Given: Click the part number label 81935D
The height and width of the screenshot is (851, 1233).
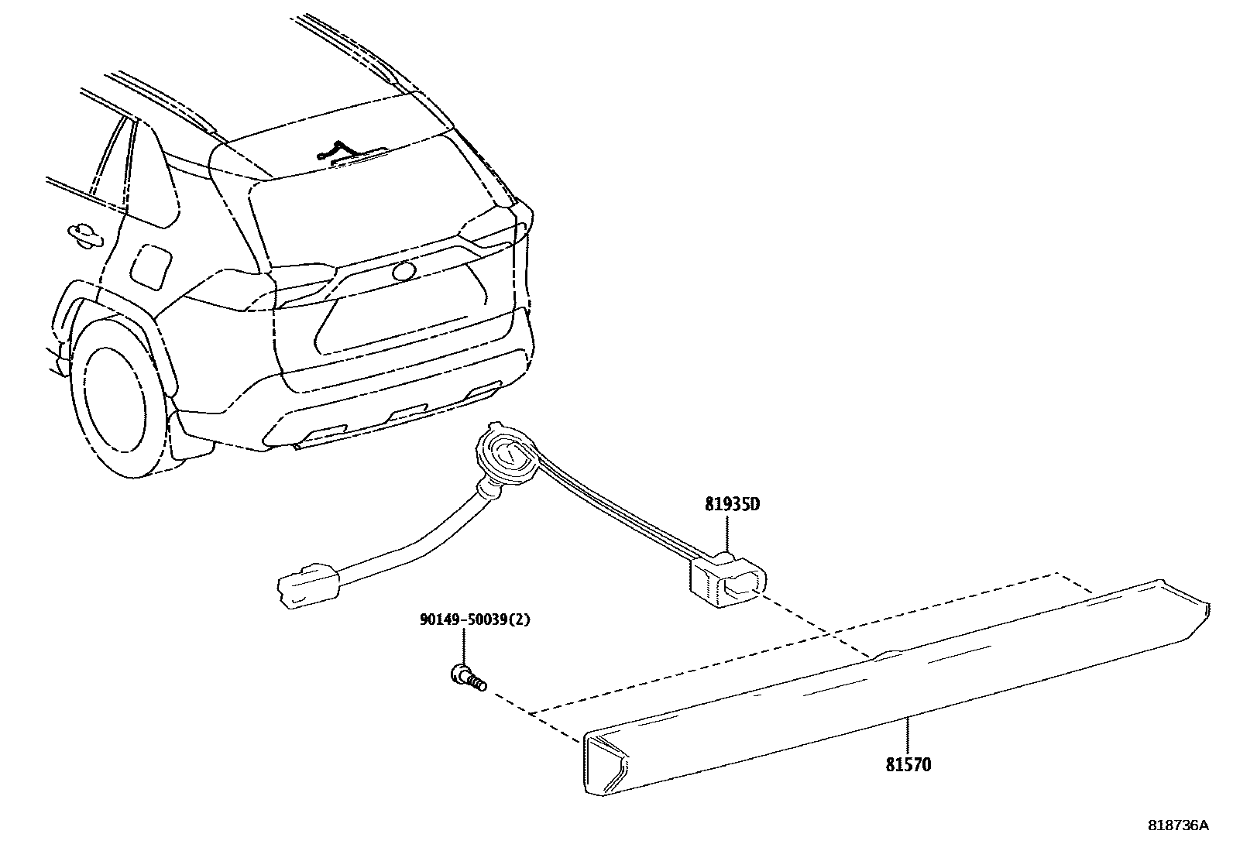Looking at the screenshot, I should (x=732, y=505).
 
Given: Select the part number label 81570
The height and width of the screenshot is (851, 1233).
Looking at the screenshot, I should (x=908, y=765).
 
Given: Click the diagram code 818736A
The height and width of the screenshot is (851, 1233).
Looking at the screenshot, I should (x=1177, y=825).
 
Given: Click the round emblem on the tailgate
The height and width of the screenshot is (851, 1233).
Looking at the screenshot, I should (x=404, y=271).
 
